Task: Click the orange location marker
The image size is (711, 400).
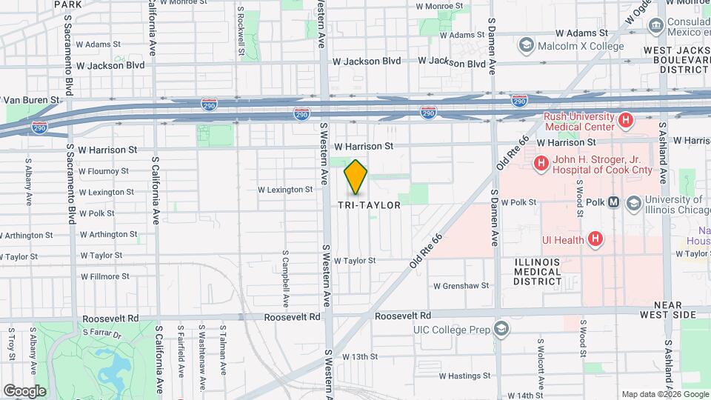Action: click(356, 178)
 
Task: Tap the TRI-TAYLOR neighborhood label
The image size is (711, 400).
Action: click(369, 205)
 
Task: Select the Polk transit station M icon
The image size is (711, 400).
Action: click(613, 202)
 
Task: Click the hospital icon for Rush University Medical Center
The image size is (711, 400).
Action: click(626, 119)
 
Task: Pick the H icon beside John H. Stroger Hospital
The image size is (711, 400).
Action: click(541, 162)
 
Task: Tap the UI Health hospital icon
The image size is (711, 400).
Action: click(595, 239)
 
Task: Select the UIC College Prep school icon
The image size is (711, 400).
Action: click(501, 329)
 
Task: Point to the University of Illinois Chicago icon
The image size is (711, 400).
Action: click(633, 202)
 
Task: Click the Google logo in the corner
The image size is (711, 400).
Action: click(24, 390)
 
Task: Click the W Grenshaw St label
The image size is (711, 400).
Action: click(461, 285)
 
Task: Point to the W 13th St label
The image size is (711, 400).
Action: click(360, 356)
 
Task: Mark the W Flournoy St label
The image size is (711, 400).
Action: click(104, 171)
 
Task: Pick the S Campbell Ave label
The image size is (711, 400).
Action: click(285, 278)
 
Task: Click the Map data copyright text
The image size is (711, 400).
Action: click(664, 394)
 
